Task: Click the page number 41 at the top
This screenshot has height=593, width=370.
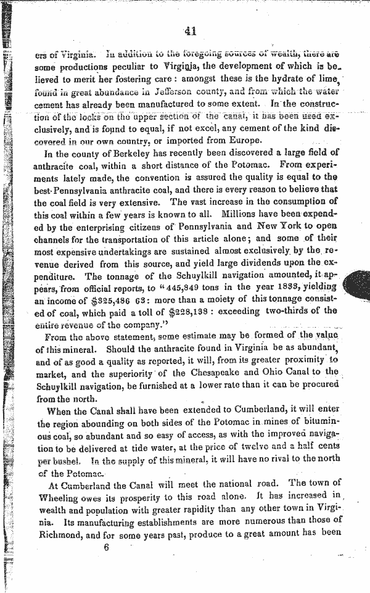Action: coord(189,31)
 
